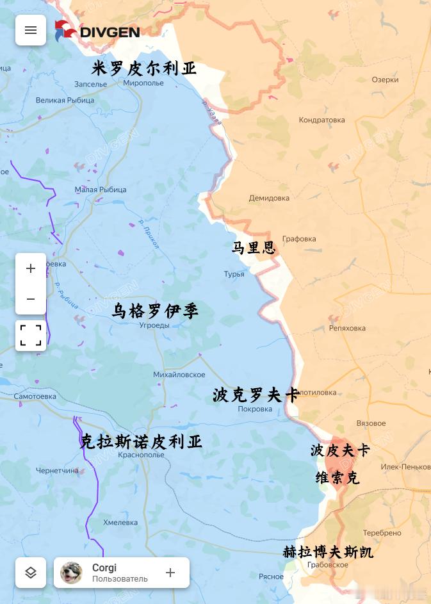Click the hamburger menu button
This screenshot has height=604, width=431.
click(31, 30)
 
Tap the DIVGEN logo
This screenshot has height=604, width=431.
click(97, 30)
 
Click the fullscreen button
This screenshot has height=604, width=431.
click(31, 335)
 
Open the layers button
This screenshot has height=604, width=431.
click(31, 573)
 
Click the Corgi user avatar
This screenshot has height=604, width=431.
click(72, 573)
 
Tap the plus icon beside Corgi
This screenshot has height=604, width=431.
click(170, 573)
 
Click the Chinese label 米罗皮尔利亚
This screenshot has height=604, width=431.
click(144, 69)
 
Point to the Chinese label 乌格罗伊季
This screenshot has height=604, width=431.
click(155, 311)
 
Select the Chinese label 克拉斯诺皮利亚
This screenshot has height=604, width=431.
click(141, 441)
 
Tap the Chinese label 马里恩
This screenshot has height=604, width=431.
click(254, 247)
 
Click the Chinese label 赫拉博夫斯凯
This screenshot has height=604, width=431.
click(328, 551)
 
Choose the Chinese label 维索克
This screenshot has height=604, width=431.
click(337, 478)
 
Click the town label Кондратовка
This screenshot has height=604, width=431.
click(321, 120)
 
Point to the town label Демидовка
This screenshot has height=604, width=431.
click(269, 198)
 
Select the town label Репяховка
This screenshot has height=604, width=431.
click(347, 328)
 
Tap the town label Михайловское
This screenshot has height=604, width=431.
click(179, 375)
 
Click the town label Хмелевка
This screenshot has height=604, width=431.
click(120, 523)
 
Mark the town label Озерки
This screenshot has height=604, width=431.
click(385, 79)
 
